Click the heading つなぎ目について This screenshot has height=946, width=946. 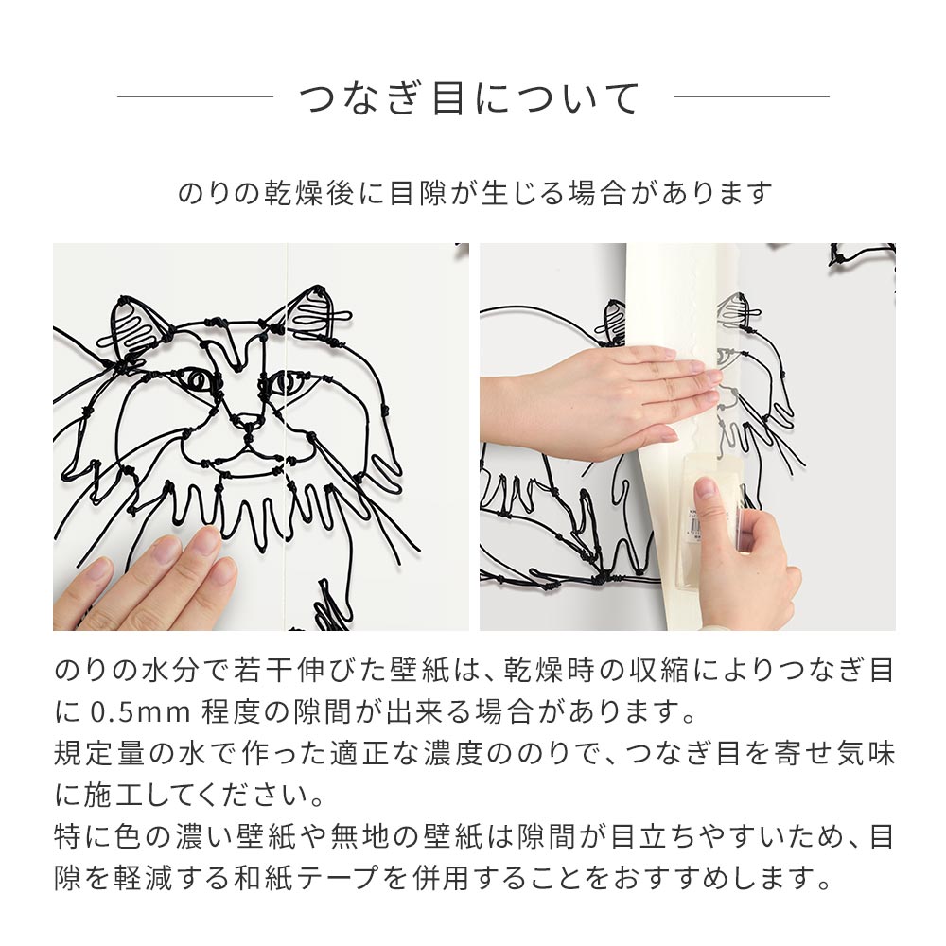[470, 98]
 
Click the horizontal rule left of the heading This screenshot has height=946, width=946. [195, 96]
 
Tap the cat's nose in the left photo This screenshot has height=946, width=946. [249, 421]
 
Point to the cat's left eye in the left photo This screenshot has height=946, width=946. [201, 380]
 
